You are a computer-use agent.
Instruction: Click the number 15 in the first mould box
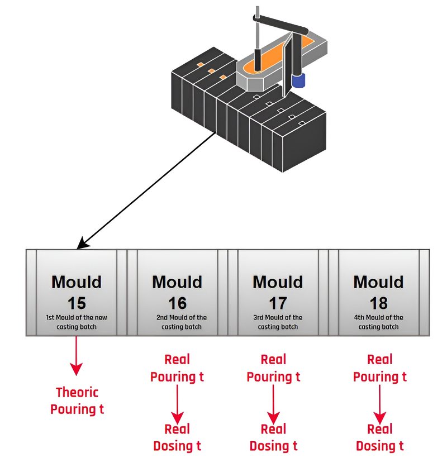pos(77,303)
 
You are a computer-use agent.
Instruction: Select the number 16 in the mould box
pos(177,303)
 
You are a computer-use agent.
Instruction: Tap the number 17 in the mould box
pos(278,303)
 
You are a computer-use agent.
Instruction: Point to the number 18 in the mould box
pos(379,303)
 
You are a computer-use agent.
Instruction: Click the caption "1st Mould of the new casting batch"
pos(77,322)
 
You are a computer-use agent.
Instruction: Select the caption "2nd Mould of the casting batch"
pos(182,322)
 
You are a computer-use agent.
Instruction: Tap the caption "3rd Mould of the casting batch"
pos(278,322)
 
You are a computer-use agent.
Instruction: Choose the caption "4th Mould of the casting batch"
pos(379,322)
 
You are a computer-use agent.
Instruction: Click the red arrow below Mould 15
pos(76,356)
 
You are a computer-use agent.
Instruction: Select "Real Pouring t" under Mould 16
pos(177,368)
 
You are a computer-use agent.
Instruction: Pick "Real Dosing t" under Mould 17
pos(273,437)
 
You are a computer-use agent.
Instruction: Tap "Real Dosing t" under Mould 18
pos(380,437)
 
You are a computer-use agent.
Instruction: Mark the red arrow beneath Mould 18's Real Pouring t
pos(380,404)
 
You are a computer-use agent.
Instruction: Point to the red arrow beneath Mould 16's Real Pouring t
pos(177,404)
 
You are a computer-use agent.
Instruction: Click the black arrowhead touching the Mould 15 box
pos(83,243)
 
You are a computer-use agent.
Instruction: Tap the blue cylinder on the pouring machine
pos(298,80)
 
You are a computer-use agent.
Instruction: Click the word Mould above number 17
pos(278,282)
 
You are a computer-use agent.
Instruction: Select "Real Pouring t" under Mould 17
pos(273,368)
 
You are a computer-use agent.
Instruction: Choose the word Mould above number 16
pos(177,282)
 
